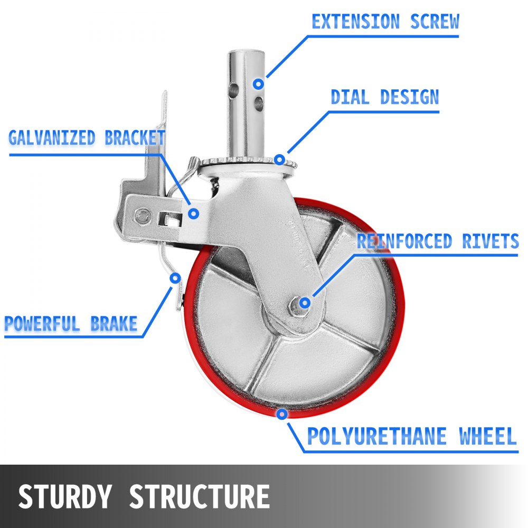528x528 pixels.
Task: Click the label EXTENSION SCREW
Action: (385, 22)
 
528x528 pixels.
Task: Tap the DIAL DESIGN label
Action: (384, 97)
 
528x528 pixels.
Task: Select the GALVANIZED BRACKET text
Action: (87, 138)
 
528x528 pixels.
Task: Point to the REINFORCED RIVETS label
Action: (438, 241)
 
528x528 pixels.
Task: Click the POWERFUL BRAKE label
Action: (71, 323)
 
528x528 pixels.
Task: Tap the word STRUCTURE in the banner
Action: (199, 496)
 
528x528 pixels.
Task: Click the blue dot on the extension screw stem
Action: (258, 83)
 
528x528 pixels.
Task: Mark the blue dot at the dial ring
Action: (279, 158)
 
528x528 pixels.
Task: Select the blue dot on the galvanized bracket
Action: (194, 213)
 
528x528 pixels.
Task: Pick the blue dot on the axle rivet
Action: (305, 303)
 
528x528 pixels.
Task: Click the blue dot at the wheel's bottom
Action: (282, 414)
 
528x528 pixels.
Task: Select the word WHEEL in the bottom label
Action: (487, 437)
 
